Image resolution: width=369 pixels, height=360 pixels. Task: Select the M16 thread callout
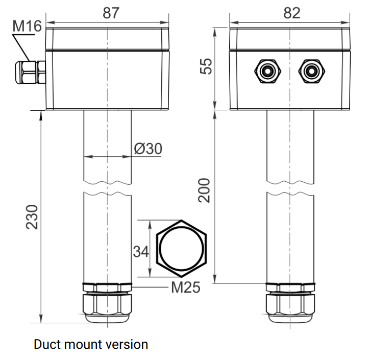coord(27,26)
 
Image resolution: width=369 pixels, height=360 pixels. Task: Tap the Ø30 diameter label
coord(148,149)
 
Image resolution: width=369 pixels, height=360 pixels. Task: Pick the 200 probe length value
coord(204,190)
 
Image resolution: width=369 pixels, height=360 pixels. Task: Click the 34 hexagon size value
coord(141,251)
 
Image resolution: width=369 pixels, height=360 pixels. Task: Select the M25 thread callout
coord(185,287)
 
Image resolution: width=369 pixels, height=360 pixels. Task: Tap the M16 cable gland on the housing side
coord(30,72)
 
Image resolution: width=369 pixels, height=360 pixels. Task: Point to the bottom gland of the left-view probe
coord(108,303)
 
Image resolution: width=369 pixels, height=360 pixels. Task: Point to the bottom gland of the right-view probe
coord(290,303)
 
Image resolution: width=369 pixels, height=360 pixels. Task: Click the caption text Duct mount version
coord(91,344)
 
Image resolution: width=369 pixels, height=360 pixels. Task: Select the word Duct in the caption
coord(46,344)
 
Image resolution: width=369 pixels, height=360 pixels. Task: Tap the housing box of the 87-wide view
coord(108,79)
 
